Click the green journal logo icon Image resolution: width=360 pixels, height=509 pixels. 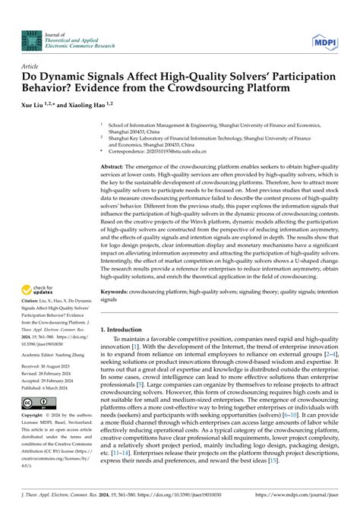[x=31, y=40]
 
